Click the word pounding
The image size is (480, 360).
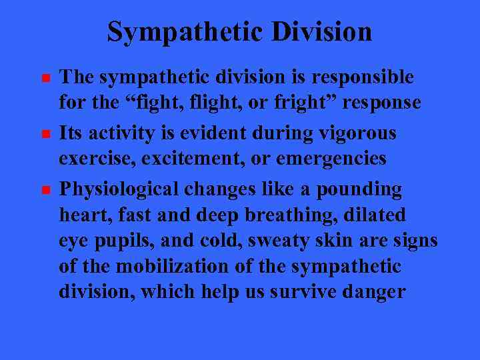[359, 189]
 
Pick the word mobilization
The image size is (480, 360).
[174, 267]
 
